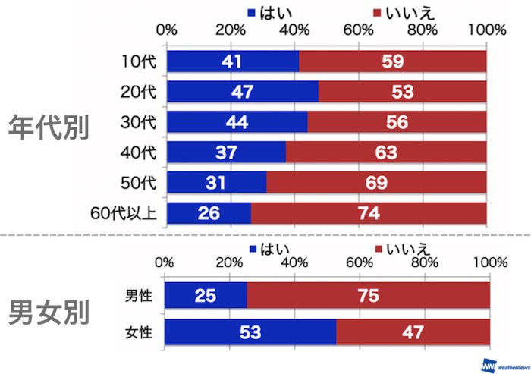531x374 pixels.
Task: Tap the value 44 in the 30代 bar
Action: tap(237, 122)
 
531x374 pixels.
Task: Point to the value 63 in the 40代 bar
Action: tap(385, 152)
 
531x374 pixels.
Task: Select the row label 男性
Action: tap(140, 295)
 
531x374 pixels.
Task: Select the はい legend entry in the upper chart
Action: tap(273, 12)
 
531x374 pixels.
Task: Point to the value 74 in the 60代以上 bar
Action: tap(369, 213)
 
